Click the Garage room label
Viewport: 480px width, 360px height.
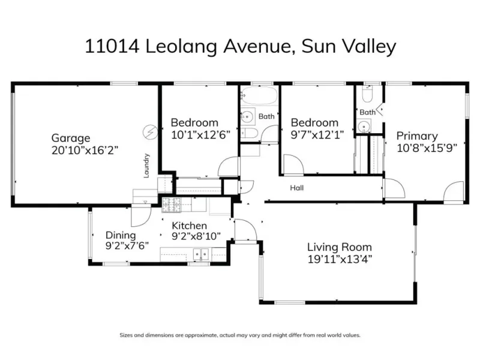(71, 139)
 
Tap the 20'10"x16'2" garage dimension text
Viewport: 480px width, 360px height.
(85, 151)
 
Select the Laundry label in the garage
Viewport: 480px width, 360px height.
(146, 166)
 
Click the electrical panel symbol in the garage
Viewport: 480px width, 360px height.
(151, 132)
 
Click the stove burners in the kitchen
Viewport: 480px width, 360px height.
(171, 205)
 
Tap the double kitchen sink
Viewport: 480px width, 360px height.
(201, 254)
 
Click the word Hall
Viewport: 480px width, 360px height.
(296, 188)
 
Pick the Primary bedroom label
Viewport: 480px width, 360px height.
(417, 136)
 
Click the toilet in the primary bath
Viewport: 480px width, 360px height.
(367, 94)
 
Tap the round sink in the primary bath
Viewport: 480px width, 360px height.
(364, 126)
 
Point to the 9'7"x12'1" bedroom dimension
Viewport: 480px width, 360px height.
(317, 134)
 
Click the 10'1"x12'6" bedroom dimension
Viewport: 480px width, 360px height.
(200, 134)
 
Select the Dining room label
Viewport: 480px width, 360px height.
(121, 235)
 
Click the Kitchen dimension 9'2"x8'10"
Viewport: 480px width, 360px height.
(196, 236)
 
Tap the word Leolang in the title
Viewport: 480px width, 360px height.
(181, 47)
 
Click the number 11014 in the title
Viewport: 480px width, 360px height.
(112, 47)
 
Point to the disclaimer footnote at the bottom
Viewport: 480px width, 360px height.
(240, 335)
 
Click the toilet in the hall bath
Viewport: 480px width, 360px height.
(250, 133)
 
